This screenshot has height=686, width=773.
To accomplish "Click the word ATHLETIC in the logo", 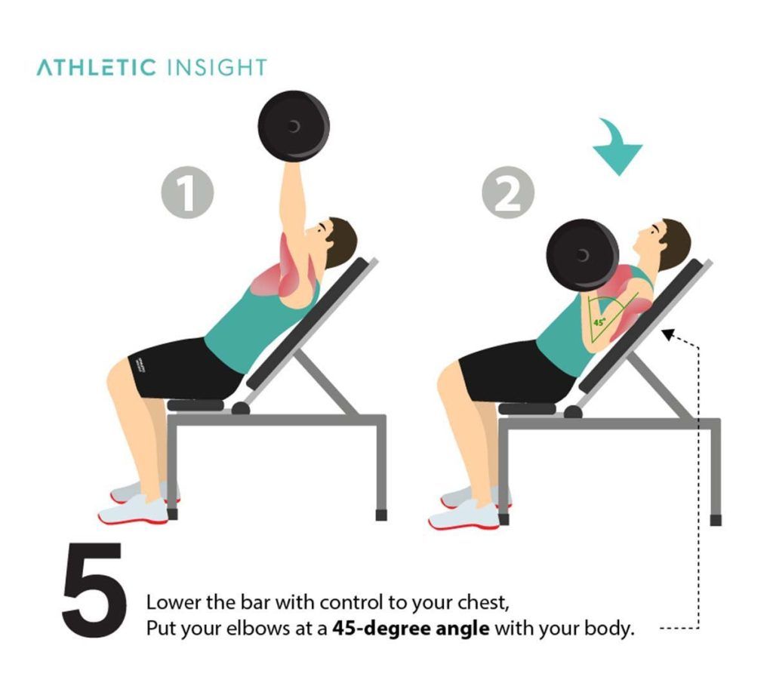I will [x=96, y=67].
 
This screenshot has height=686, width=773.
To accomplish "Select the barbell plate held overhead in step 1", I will [x=294, y=126].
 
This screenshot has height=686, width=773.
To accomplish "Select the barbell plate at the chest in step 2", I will [x=582, y=255].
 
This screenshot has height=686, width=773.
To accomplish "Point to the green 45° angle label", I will [x=599, y=321].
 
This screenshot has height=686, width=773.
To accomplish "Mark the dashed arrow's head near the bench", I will [x=667, y=335].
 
